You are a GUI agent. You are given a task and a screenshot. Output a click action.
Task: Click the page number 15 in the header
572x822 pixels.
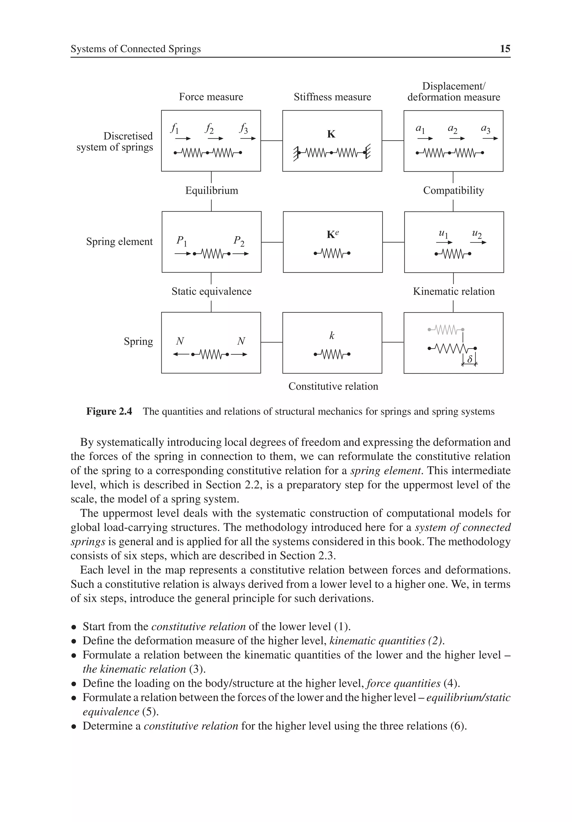[x=505, y=49]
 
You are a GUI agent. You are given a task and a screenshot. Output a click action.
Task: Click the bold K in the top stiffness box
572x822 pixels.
[x=331, y=134]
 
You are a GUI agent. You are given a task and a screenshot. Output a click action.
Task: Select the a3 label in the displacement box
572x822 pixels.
[x=485, y=129]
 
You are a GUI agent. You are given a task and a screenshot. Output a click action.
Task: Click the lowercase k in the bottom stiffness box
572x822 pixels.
[x=332, y=336]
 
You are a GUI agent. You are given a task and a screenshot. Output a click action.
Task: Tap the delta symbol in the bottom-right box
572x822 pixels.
[x=470, y=359]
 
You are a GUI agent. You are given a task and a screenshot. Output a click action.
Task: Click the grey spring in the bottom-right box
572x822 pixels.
[x=446, y=329]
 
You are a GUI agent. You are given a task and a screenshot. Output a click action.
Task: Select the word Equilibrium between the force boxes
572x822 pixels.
[x=211, y=190]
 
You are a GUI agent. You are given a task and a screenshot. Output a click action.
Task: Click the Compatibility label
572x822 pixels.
[x=453, y=190]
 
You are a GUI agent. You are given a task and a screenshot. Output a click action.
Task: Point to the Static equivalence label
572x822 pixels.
[x=211, y=291]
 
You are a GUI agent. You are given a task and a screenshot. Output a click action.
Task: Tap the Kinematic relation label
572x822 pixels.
[x=454, y=291]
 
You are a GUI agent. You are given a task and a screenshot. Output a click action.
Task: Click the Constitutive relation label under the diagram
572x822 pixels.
[x=333, y=386]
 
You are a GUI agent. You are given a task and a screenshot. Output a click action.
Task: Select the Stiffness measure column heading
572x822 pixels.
[x=332, y=97]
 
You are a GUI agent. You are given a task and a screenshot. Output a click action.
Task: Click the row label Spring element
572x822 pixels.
[x=119, y=242]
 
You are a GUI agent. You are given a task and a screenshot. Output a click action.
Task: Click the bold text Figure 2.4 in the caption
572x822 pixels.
[x=109, y=411]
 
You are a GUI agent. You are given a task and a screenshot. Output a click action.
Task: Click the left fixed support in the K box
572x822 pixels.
[x=295, y=153]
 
